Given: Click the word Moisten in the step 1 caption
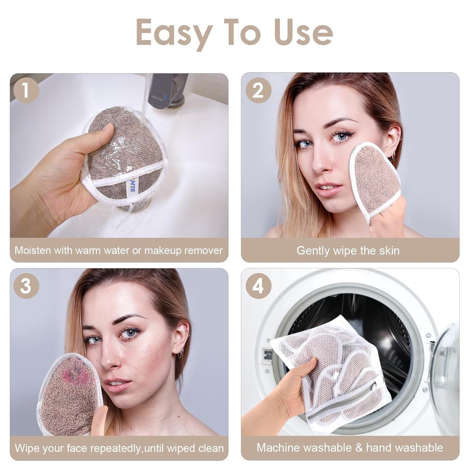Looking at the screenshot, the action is click(x=33, y=250).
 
